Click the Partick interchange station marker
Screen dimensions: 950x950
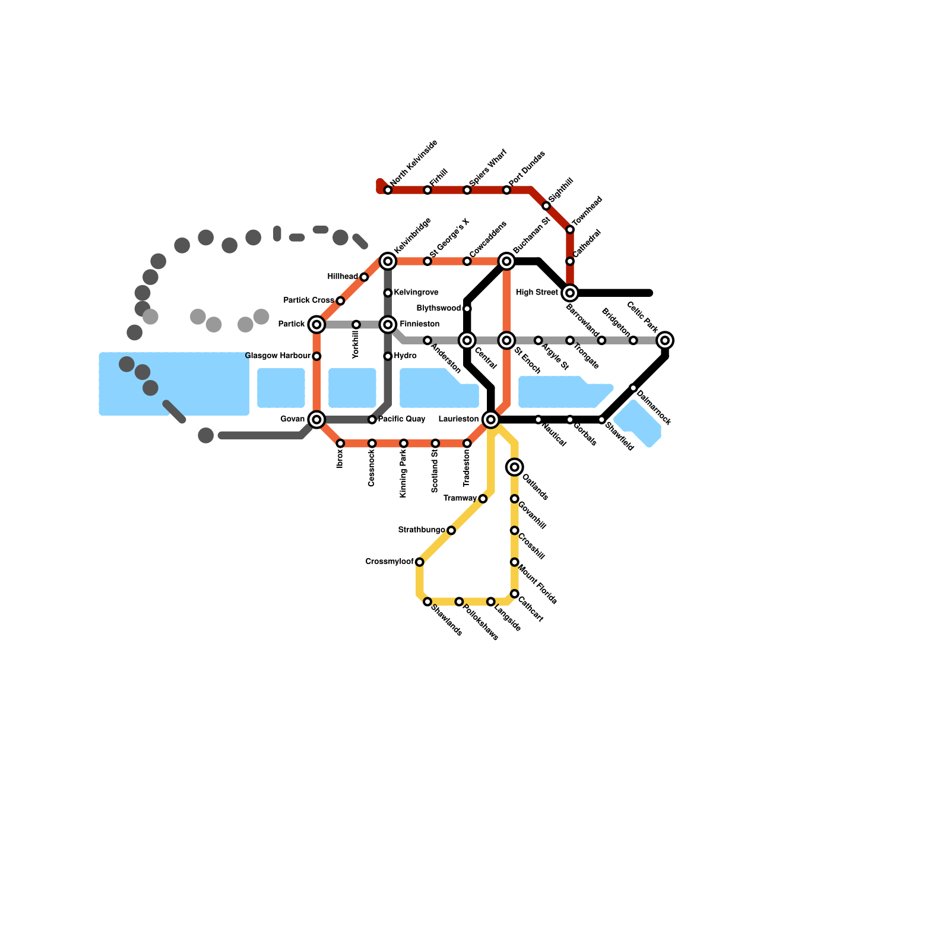click(316, 324)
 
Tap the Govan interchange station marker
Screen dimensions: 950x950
click(316, 419)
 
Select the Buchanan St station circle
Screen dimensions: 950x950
click(506, 261)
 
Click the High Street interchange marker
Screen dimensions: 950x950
click(570, 293)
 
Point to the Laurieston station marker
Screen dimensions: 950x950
click(490, 419)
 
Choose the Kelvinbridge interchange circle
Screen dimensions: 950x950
click(388, 261)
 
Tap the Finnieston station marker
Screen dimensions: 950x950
click(388, 324)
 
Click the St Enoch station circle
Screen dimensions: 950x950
click(506, 340)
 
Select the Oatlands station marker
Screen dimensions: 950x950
click(514, 467)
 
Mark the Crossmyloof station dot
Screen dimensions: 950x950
click(419, 562)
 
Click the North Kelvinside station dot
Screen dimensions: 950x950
click(388, 190)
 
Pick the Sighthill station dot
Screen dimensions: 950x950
click(546, 205)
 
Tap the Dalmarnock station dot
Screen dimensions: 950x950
click(633, 388)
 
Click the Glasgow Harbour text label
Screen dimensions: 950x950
click(278, 356)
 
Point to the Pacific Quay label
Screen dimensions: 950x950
click(401, 419)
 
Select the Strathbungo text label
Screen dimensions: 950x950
click(421, 530)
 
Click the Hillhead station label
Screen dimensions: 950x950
click(343, 277)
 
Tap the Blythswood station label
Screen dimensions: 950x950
click(438, 308)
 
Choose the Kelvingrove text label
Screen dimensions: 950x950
click(416, 292)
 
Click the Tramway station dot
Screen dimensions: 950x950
click(483, 499)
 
